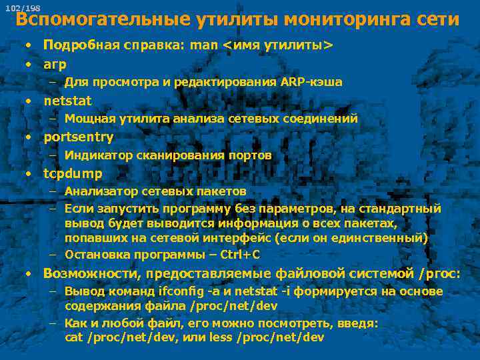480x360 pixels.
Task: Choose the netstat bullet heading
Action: (x=67, y=101)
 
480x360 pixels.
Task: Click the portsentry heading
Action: (x=79, y=137)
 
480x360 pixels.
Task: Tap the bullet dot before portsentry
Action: (x=29, y=137)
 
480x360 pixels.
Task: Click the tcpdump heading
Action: (x=73, y=174)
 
